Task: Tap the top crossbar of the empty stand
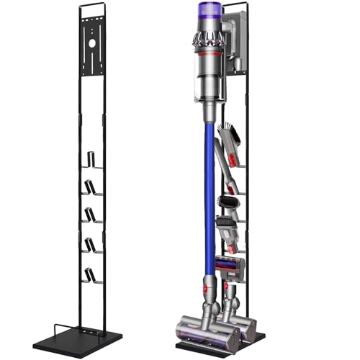91,6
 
